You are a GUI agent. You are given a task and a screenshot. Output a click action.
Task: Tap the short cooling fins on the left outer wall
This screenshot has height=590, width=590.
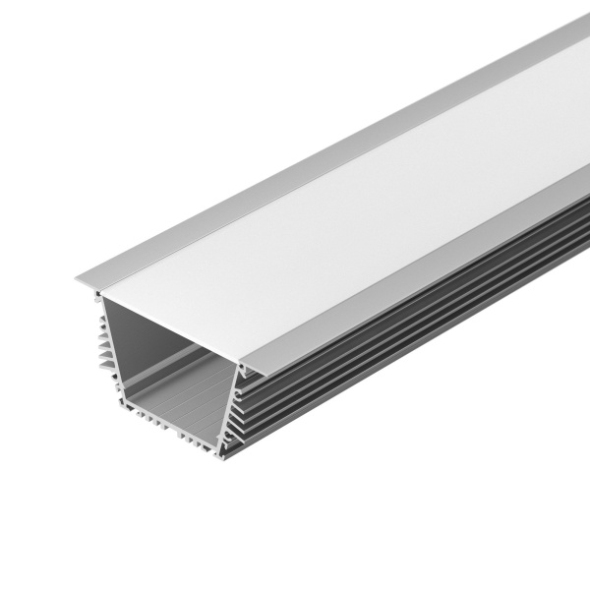[x=104, y=344]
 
